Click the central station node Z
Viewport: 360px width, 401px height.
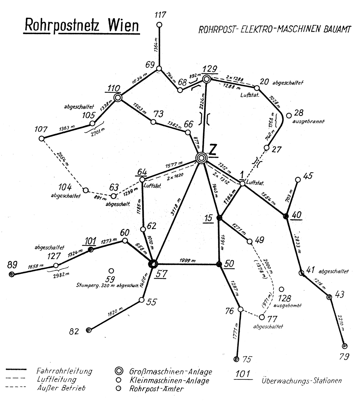coord(202,157)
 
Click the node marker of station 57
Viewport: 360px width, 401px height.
coord(153,263)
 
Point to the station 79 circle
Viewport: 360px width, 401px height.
coord(345,346)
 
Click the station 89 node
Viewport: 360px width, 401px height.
coord(12,274)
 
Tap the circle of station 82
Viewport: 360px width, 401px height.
coord(89,330)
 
